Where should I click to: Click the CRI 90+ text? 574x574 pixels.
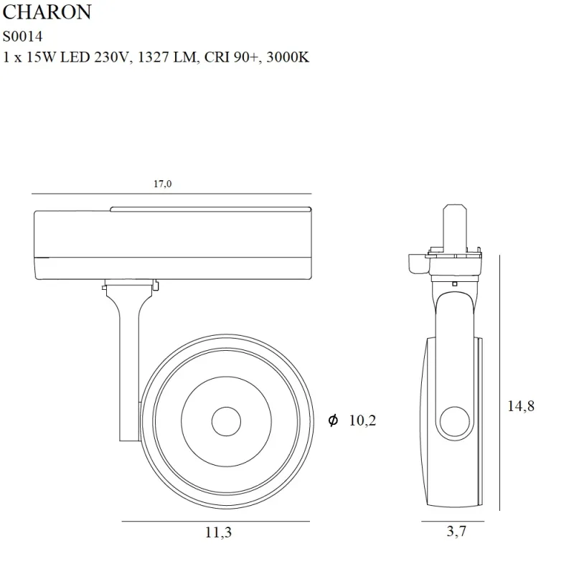click(x=232, y=58)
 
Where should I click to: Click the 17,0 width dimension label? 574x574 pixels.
click(x=162, y=184)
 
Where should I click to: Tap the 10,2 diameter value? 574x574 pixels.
click(x=362, y=421)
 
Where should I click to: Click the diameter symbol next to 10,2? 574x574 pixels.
click(x=333, y=421)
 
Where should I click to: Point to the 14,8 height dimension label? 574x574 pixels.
click(x=521, y=406)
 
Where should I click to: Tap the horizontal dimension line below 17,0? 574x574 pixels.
click(x=172, y=194)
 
